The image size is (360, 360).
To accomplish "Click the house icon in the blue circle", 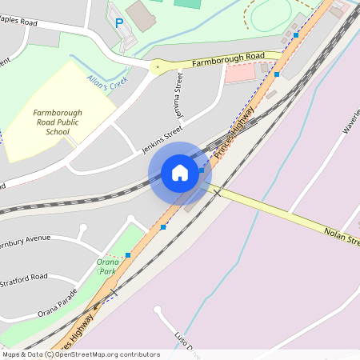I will (180, 172).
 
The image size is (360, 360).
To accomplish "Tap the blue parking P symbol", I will (120, 23).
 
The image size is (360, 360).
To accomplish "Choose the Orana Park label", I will (106, 266).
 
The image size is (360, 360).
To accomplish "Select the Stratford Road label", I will (24, 278).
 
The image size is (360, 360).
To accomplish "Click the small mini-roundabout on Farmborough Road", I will (157, 66).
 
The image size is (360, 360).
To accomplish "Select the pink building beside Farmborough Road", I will (242, 74).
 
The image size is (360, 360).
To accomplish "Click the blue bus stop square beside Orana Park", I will (128, 254).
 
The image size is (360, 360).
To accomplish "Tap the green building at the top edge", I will (187, 3).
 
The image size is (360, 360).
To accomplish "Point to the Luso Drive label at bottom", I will (184, 340).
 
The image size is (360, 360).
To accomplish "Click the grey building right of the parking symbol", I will (142, 16).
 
